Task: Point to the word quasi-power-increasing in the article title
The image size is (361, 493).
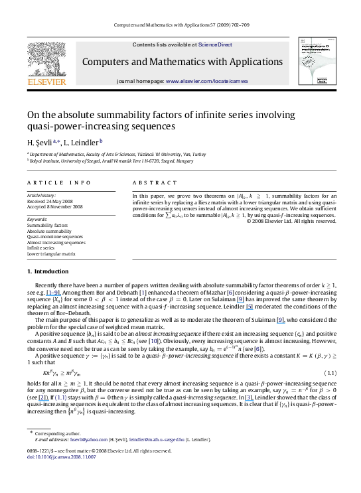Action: tap(72, 125)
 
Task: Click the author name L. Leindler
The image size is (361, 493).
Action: tap(82, 141)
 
